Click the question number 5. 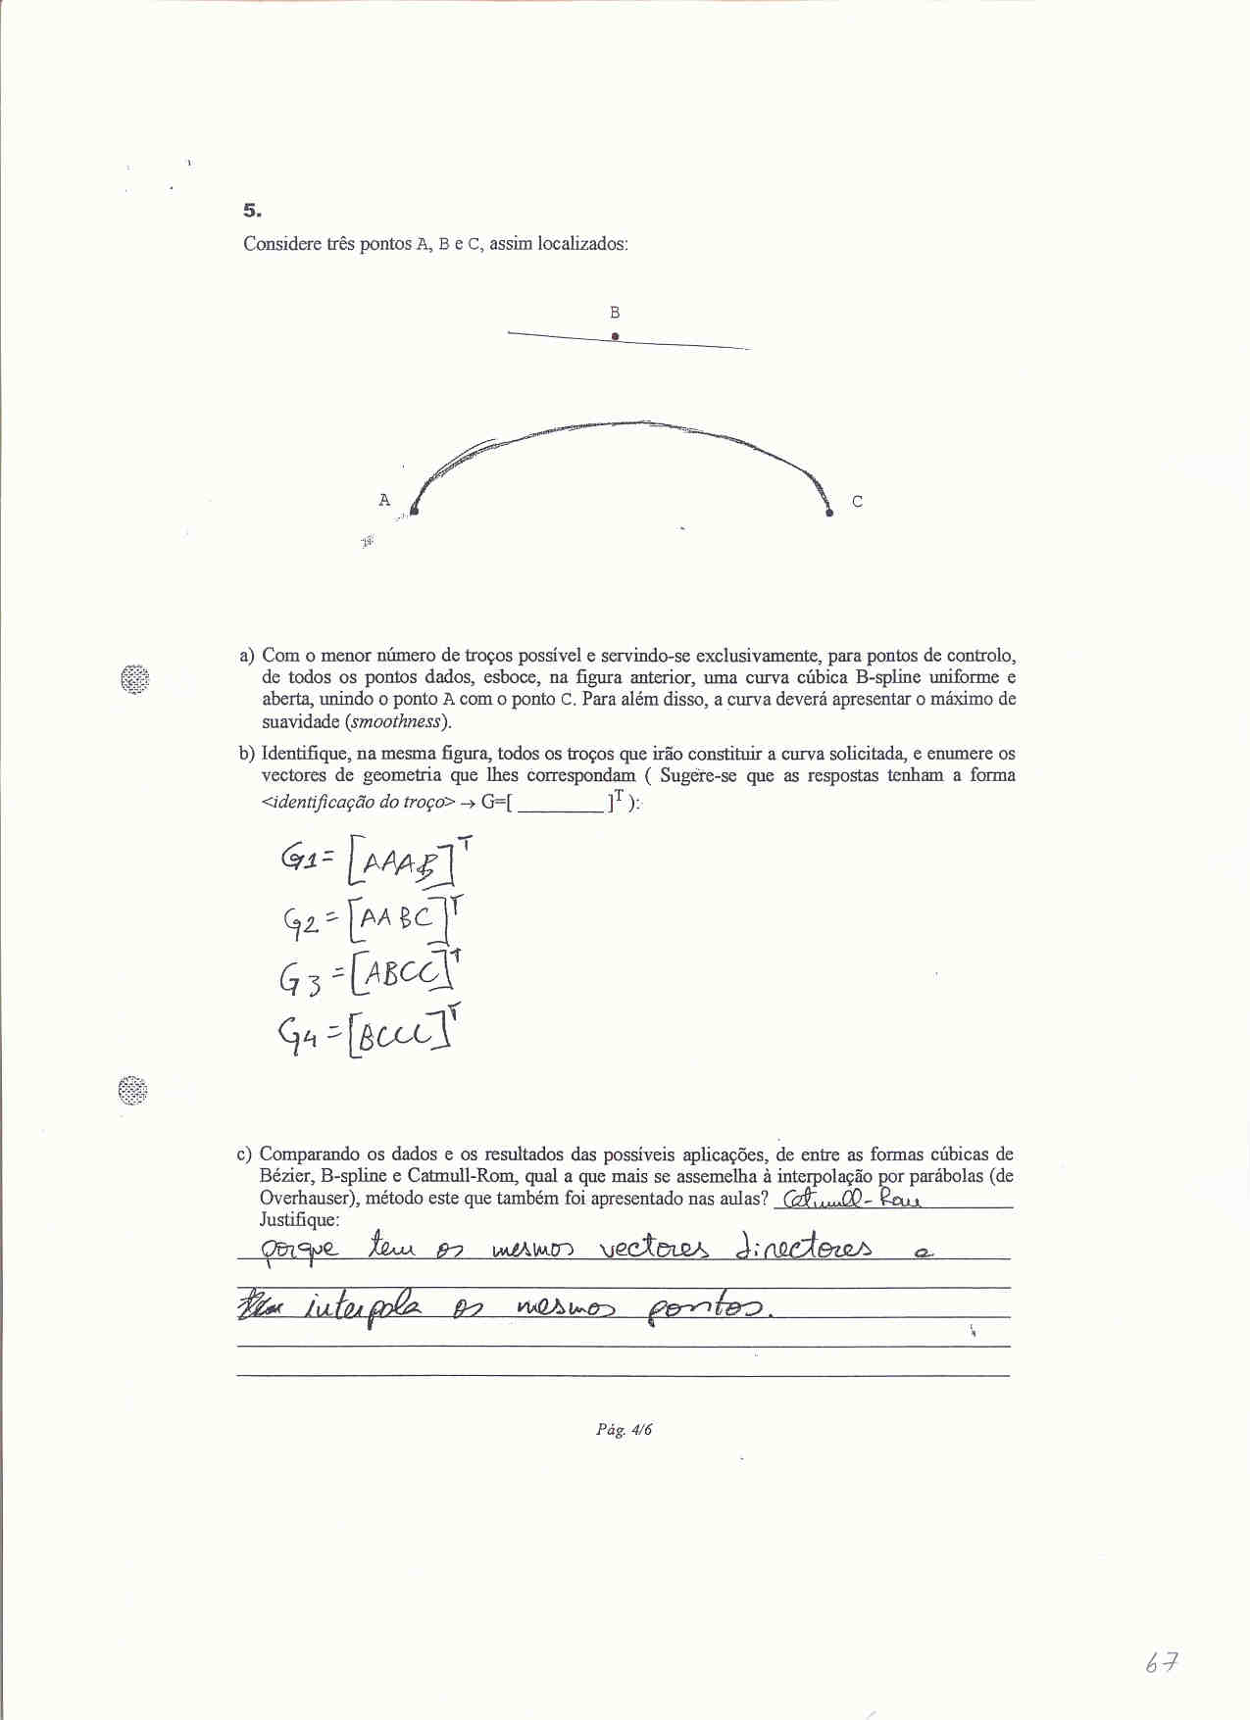pos(252,211)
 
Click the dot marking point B pos(615,336)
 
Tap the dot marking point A pos(414,511)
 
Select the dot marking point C pos(829,512)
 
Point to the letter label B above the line pos(615,313)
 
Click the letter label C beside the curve pos(857,502)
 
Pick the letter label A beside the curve pos(384,500)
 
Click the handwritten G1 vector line pos(373,861)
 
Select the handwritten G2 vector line pos(373,918)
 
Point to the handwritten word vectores pos(653,1249)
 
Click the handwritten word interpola pos(364,1308)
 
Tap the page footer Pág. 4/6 pos(624,1430)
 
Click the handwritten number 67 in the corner pos(1161,1663)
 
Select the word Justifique pos(299,1220)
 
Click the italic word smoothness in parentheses pos(397,722)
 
